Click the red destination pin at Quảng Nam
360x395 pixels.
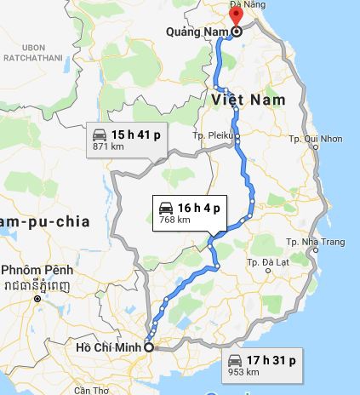(237, 15)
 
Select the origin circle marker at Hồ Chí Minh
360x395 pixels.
(149, 346)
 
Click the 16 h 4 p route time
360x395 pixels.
(198, 207)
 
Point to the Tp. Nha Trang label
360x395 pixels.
(317, 243)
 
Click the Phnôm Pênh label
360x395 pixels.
(37, 271)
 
